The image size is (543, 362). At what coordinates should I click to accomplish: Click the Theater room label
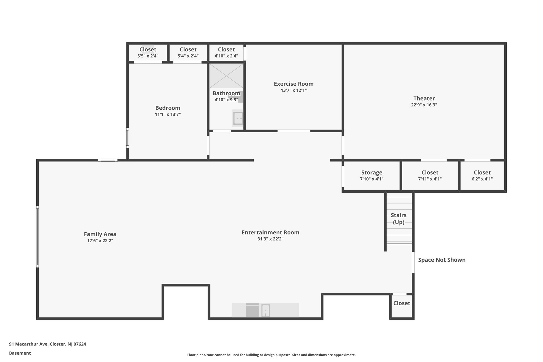[424, 98]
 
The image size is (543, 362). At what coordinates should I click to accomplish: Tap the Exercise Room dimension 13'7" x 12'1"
[294, 90]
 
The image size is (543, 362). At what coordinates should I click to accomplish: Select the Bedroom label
[168, 108]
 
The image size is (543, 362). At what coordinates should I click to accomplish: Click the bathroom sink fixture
[238, 118]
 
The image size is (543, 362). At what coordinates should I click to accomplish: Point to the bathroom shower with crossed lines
[226, 76]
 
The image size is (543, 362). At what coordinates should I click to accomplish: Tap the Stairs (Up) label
[399, 219]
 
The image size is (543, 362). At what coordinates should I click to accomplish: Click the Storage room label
[371, 173]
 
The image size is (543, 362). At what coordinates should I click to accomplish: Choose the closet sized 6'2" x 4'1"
[482, 176]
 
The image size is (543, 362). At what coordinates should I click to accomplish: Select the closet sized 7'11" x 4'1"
[430, 176]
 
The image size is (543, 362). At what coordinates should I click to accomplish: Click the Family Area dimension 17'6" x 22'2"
[100, 241]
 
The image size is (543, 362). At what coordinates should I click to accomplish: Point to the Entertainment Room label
[270, 233]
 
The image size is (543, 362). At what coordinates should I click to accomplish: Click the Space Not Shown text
[441, 260]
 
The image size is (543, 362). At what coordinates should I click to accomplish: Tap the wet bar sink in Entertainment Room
[265, 311]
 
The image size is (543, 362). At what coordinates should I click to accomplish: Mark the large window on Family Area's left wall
[38, 237]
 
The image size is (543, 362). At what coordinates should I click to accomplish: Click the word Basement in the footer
[20, 353]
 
